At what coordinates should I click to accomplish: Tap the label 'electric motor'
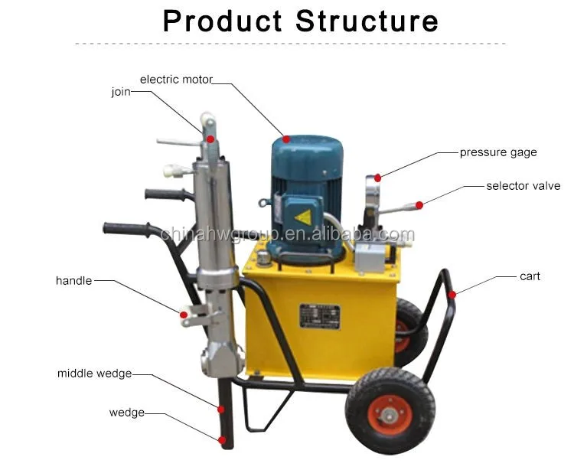pos(176,79)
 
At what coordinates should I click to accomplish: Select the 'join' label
pos(120,92)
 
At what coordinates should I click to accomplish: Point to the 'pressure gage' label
pos(498,152)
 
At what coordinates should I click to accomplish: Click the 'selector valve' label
pos(523,186)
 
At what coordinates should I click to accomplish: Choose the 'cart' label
pos(530,276)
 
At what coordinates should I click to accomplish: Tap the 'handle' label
pos(73,281)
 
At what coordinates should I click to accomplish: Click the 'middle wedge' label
pos(94,374)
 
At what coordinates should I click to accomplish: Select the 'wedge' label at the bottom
pos(126,413)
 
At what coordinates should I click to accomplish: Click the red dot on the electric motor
pos(285,139)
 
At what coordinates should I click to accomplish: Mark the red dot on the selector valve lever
pos(419,204)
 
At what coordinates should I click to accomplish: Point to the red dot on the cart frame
pos(452,294)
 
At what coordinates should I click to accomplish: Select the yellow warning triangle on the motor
pos(303,217)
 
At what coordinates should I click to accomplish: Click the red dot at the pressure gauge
pos(377,177)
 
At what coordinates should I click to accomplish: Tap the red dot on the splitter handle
pos(184,313)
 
